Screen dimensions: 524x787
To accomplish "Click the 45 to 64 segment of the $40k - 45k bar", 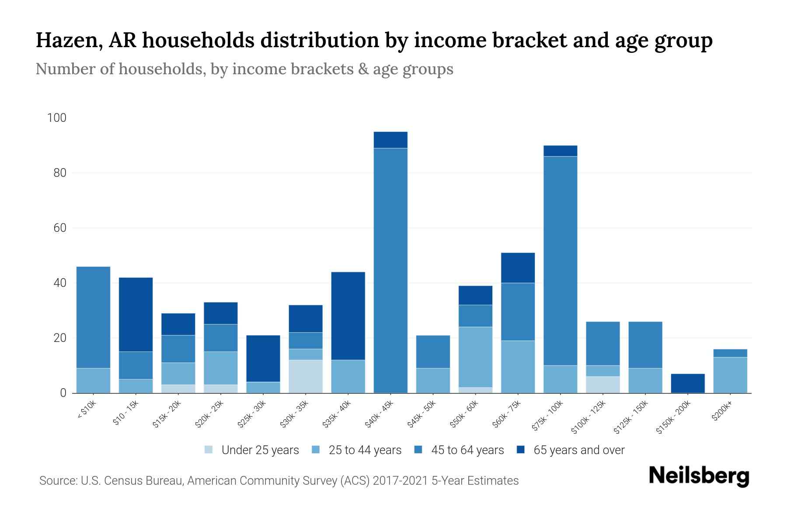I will [390, 271].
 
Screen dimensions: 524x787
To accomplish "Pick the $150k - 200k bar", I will [688, 383].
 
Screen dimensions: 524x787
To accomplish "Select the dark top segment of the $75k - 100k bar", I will [560, 151].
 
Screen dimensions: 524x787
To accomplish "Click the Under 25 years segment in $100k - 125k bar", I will [603, 385].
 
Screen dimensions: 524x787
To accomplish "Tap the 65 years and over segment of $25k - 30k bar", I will [263, 359].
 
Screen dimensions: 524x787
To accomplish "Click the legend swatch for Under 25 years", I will [209, 450].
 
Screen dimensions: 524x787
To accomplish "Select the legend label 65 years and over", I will [579, 450].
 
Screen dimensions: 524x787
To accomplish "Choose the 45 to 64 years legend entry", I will [467, 450].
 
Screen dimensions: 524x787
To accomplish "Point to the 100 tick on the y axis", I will [57, 118].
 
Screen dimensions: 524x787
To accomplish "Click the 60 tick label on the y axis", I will [60, 228].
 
